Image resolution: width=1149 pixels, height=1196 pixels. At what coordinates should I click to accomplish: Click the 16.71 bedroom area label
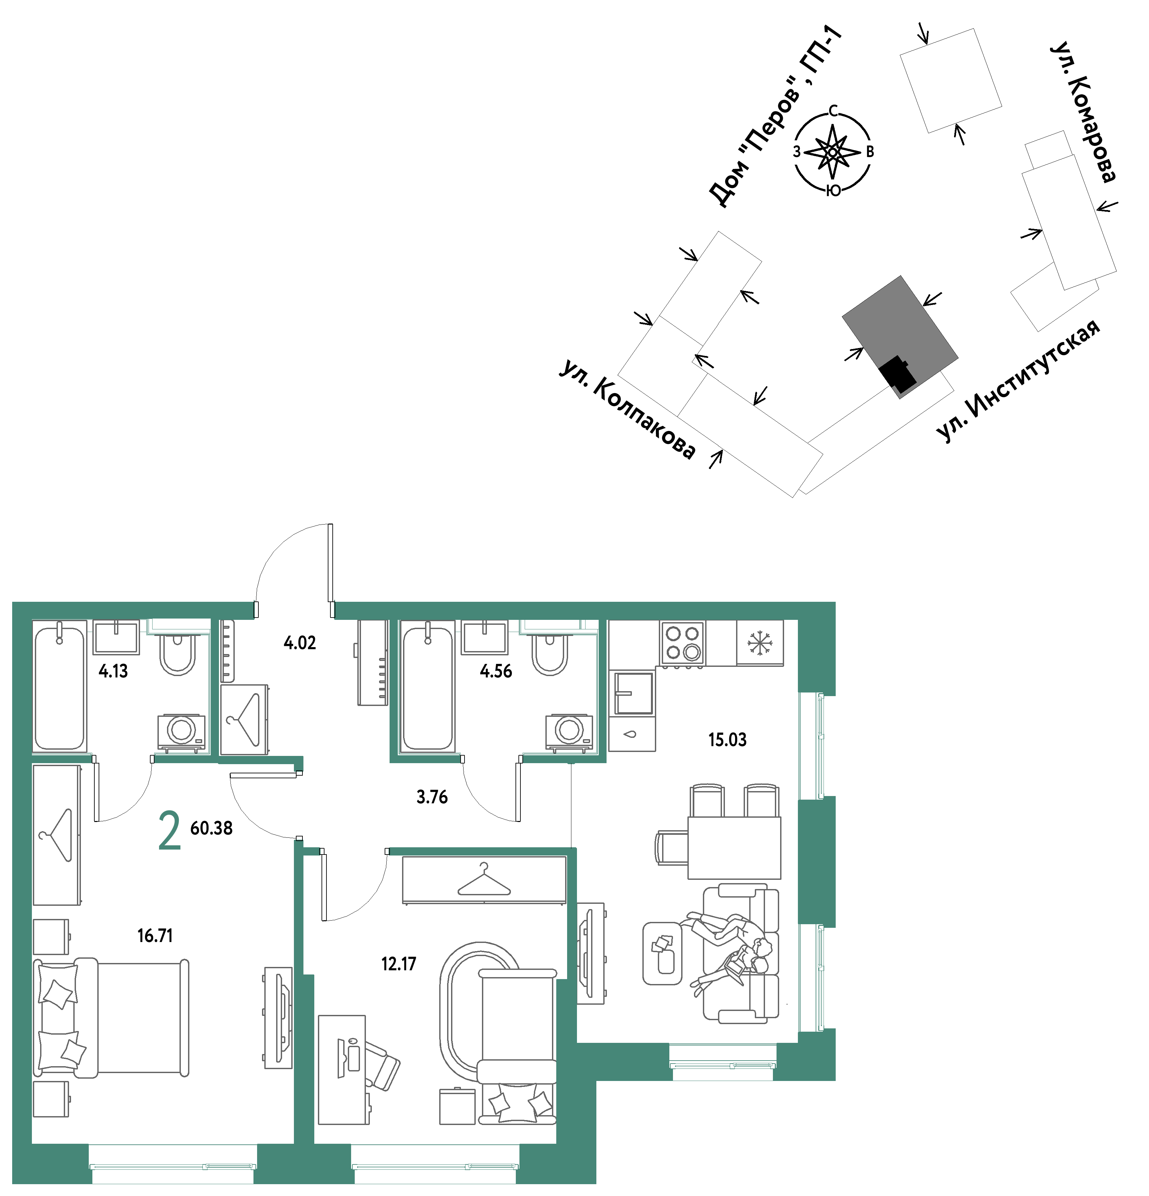[155, 935]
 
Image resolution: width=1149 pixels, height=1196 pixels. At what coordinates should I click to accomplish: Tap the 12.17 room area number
[399, 964]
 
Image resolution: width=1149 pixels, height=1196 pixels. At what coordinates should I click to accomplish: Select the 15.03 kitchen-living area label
[727, 740]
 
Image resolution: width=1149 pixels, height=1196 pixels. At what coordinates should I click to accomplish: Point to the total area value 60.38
[211, 828]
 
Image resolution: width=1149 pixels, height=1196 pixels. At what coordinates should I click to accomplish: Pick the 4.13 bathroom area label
[113, 671]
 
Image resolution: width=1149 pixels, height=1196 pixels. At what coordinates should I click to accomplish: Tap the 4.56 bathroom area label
[496, 671]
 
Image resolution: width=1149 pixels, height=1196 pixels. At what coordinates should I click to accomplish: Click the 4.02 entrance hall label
[300, 643]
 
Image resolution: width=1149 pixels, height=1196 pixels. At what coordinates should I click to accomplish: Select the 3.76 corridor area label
[432, 797]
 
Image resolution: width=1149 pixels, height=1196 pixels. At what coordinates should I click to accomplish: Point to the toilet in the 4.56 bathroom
[550, 653]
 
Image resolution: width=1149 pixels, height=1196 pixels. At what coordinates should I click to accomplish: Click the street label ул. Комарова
[1084, 112]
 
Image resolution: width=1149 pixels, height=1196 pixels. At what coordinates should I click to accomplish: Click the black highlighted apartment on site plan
[898, 373]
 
